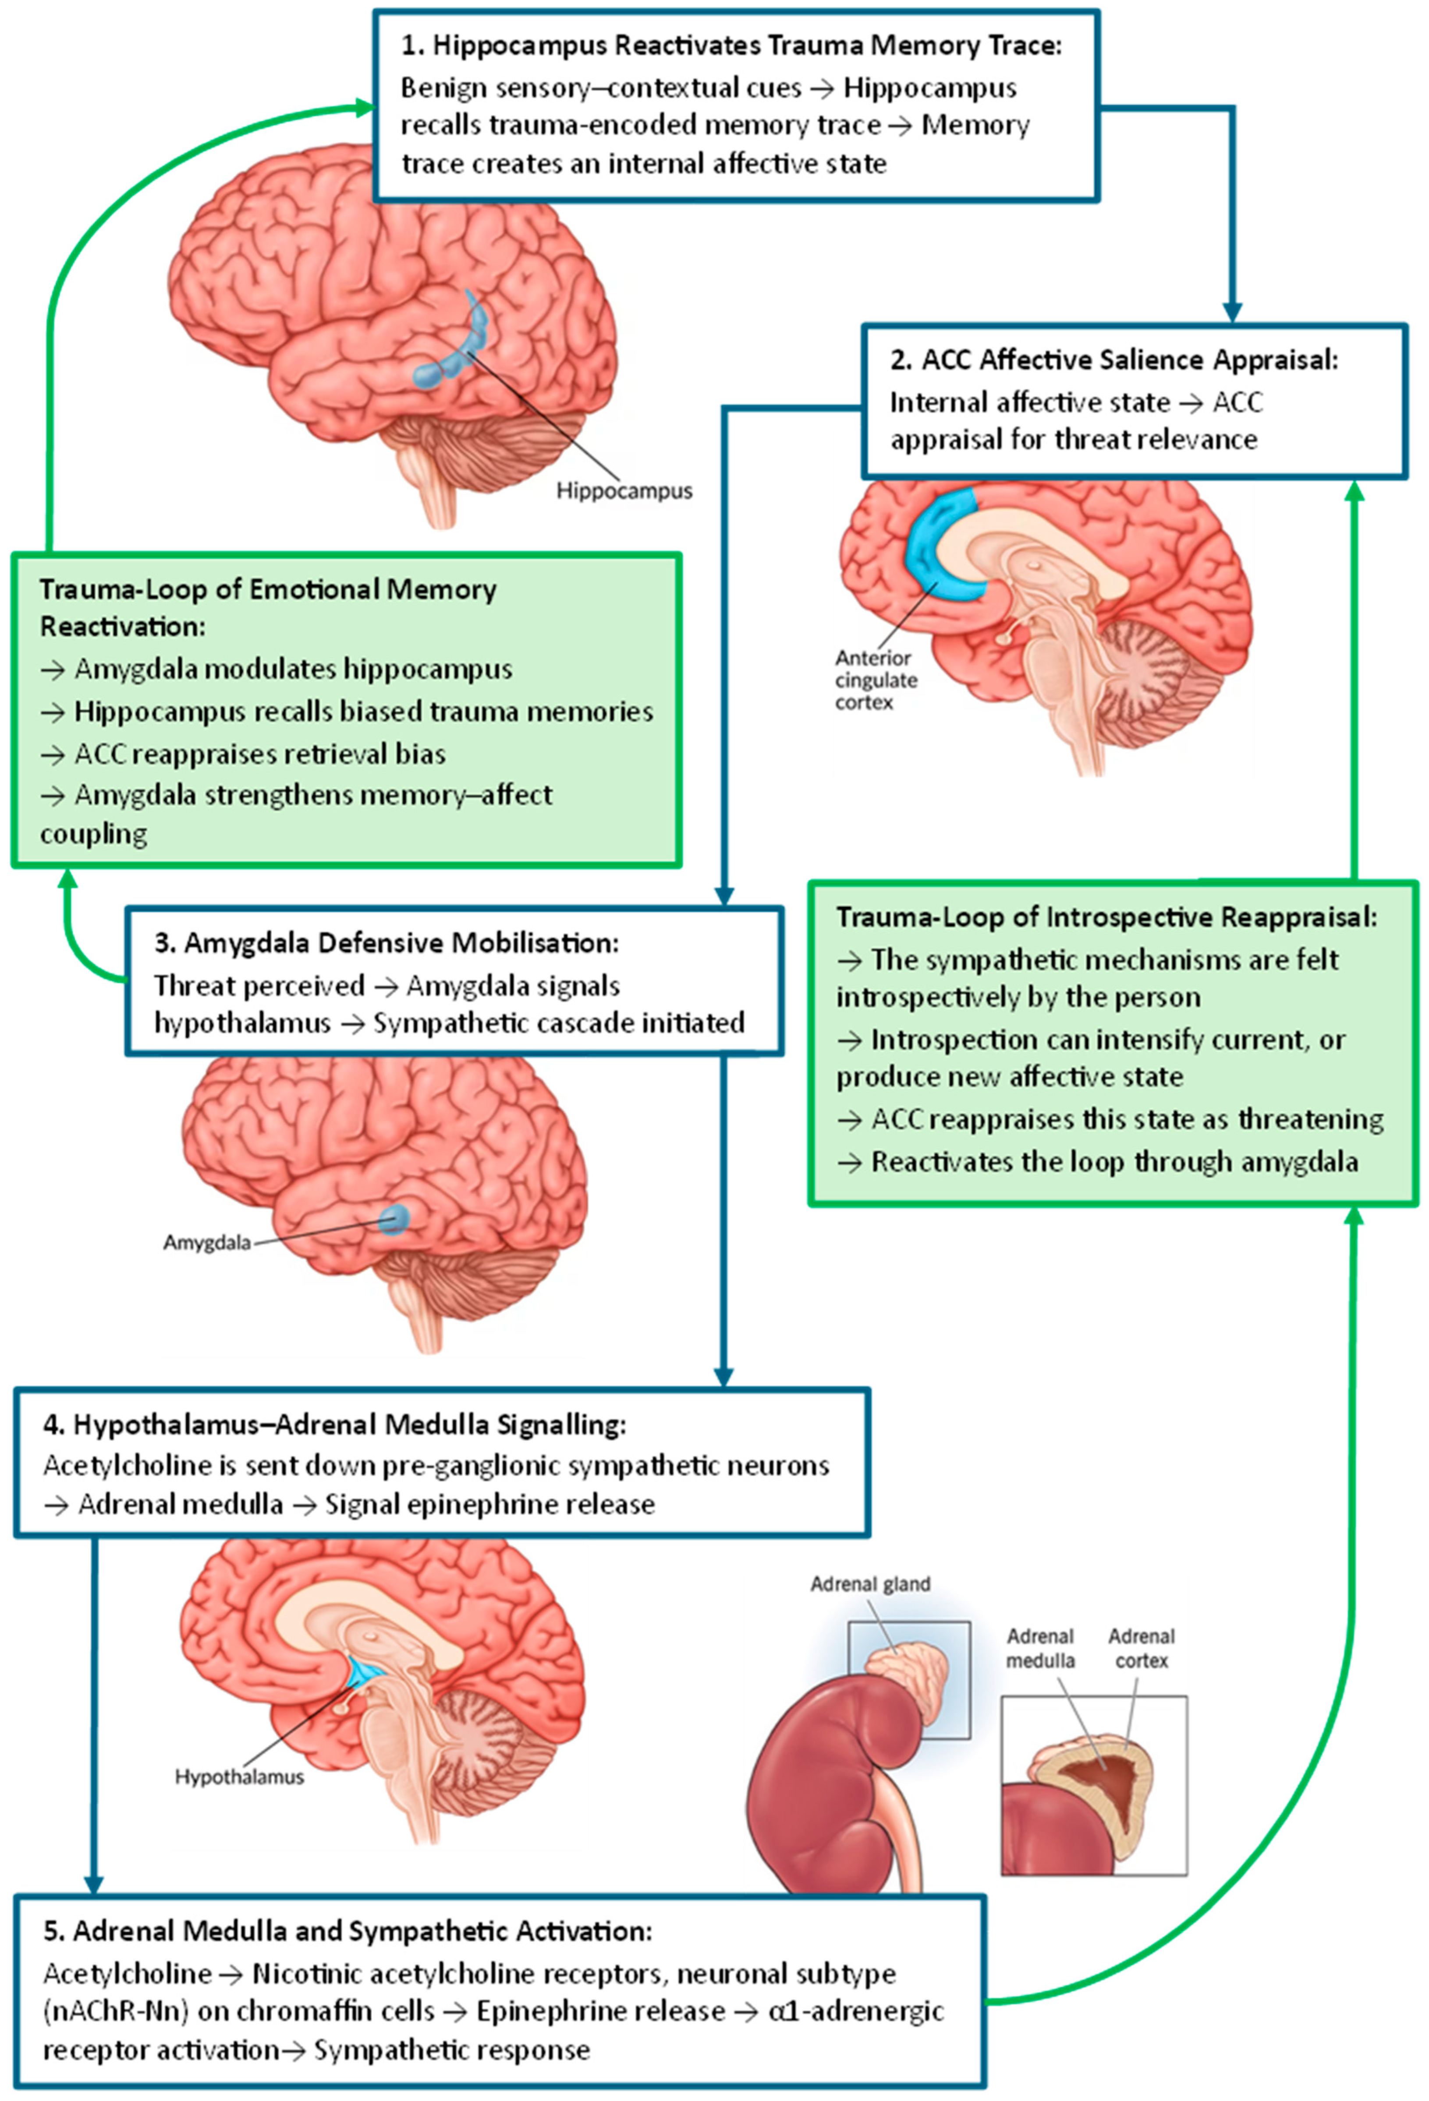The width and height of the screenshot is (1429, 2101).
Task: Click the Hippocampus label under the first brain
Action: [x=624, y=491]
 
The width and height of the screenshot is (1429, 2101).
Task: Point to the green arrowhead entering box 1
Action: [x=364, y=108]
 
